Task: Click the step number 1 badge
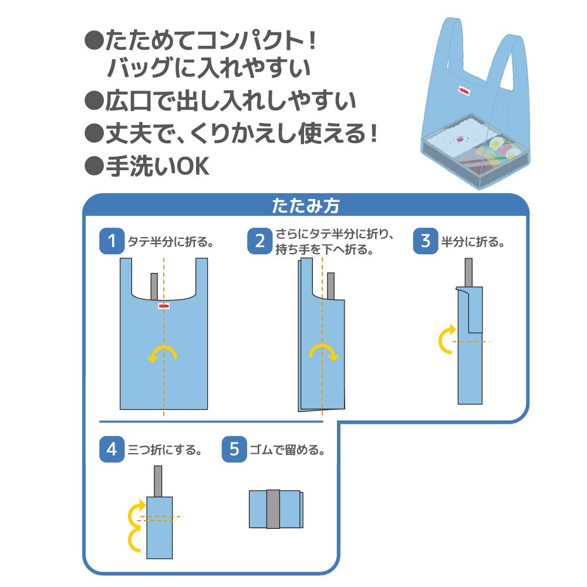point(112,241)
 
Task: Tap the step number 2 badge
point(259,241)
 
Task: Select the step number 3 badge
point(426,241)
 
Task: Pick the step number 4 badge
point(112,450)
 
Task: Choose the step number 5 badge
point(234,450)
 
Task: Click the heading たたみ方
point(305,206)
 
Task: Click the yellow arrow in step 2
point(322,352)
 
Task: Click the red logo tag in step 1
point(163,306)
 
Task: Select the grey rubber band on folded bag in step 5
point(273,508)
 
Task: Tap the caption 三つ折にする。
point(165,451)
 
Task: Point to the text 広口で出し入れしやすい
point(230,102)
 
